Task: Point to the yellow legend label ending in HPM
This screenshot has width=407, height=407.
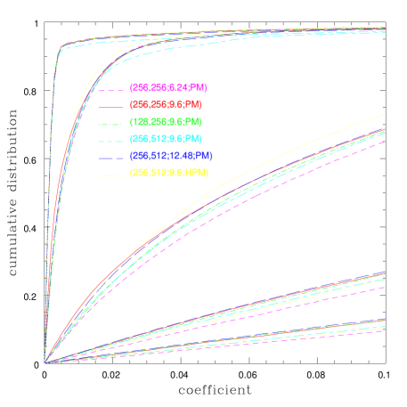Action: (169, 173)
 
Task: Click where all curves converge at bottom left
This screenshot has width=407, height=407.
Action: (45, 362)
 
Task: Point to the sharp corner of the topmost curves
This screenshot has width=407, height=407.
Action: (61, 46)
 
